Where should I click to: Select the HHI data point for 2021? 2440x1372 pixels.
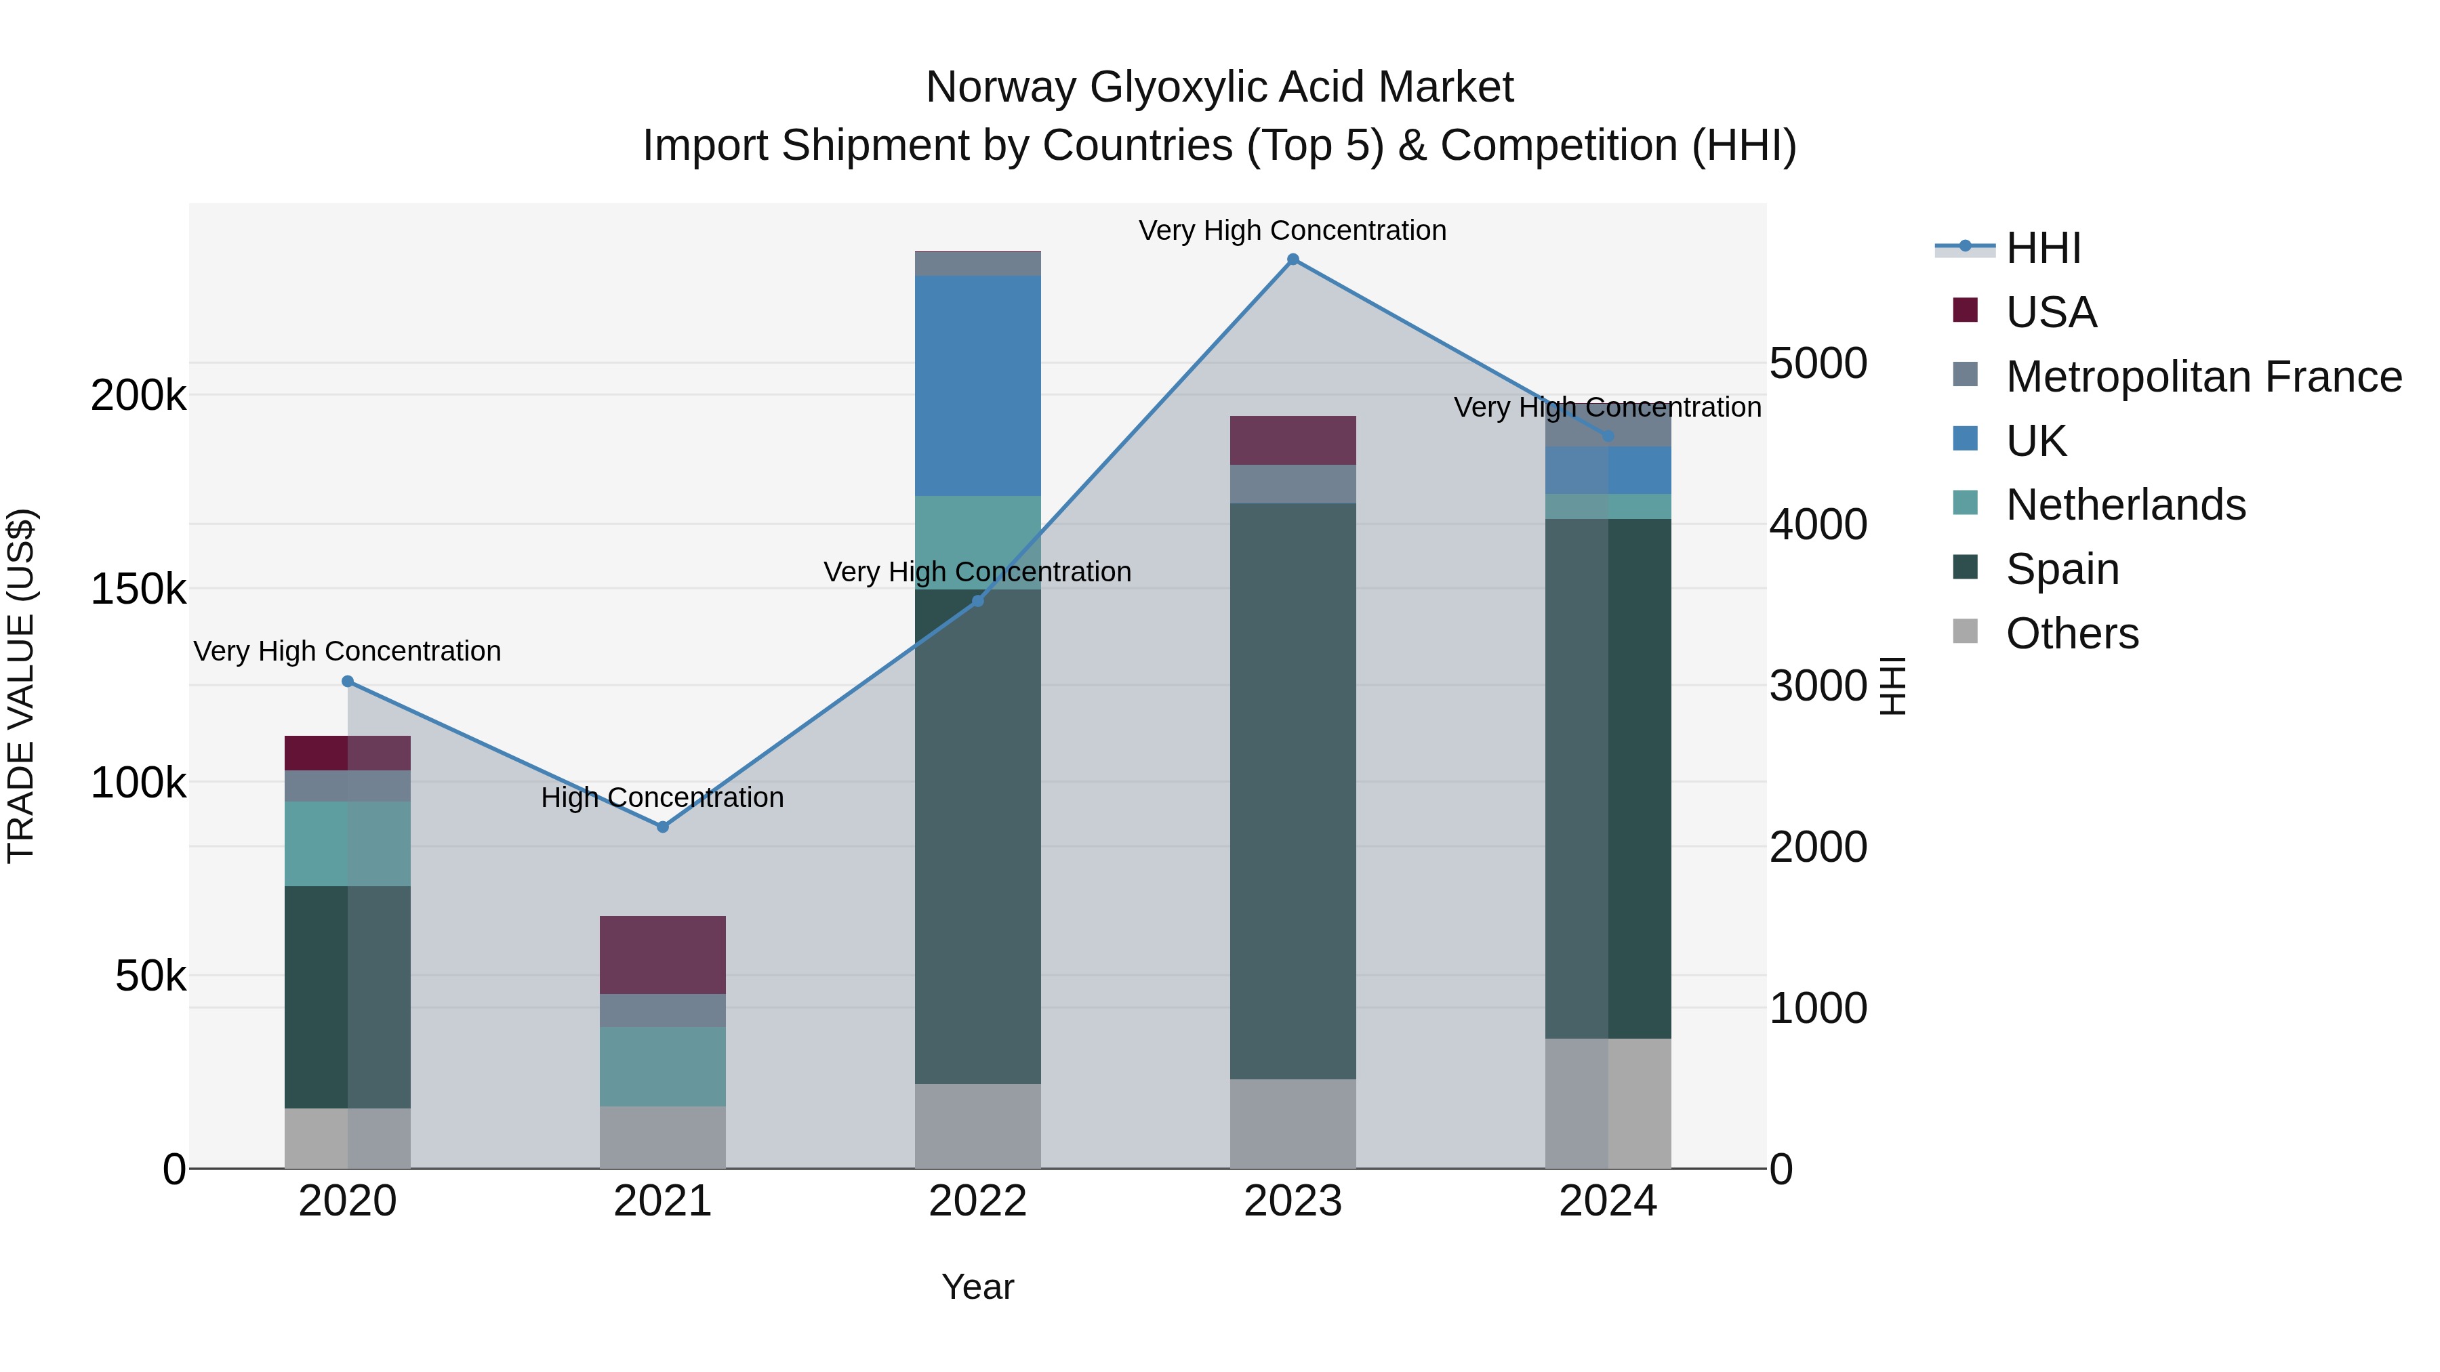pos(662,827)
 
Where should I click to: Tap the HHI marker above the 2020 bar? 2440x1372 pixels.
pos(348,682)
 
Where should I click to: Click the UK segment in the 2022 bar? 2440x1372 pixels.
pos(977,386)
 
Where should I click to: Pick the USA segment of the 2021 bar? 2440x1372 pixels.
pos(662,955)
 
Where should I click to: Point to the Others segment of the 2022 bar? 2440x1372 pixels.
pos(977,1126)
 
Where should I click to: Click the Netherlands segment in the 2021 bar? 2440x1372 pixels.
pos(662,1066)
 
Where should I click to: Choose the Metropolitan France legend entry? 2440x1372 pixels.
pos(2203,377)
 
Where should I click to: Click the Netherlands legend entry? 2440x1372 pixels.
pos(2125,505)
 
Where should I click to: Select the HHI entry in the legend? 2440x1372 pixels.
pos(2043,248)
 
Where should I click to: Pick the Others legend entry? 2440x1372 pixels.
pos(2071,633)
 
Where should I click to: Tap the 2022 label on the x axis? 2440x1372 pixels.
pos(977,1201)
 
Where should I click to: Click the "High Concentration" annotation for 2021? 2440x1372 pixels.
pos(662,797)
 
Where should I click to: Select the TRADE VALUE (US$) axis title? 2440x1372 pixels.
pos(21,686)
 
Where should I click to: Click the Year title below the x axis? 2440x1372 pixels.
pos(977,1287)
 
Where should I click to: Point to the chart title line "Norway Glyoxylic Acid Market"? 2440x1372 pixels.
pos(1219,87)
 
